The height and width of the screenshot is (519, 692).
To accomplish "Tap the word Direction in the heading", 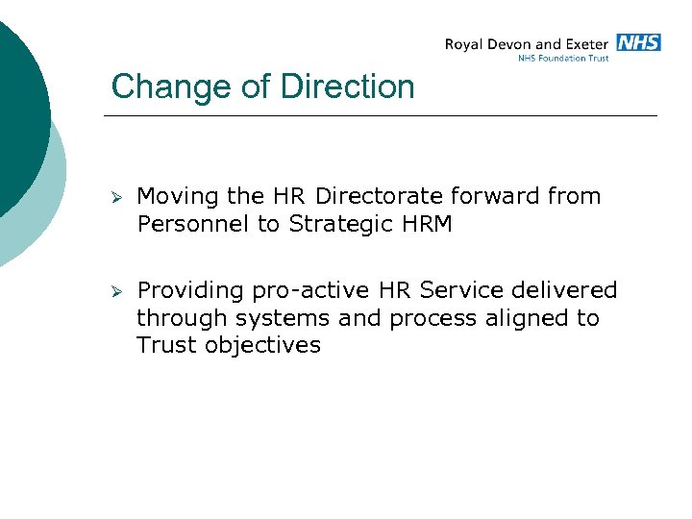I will (348, 87).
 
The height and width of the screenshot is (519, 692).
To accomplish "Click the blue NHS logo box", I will (638, 42).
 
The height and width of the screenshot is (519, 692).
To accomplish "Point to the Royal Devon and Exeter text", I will (526, 44).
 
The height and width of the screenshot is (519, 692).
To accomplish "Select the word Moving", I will (178, 197).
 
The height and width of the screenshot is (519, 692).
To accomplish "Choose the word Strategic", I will (342, 225).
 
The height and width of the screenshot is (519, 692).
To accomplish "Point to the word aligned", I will (519, 318).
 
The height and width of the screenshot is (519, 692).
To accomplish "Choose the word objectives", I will (262, 345).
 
